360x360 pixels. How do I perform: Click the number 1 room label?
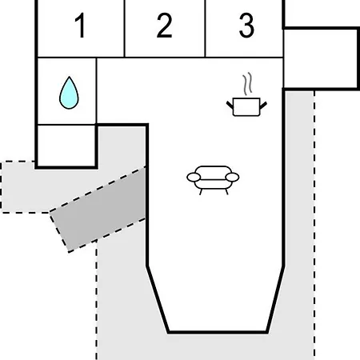pos(80,26)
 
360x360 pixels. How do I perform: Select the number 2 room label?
pos(164,26)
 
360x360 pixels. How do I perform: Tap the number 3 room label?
pos(246,26)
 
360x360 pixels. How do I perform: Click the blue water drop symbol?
pos(69,93)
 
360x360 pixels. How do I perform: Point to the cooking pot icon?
pos(246,106)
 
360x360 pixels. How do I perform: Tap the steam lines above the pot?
pos(247,84)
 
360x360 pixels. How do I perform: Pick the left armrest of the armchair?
pos(194,177)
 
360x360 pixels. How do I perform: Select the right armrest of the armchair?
pos(232,177)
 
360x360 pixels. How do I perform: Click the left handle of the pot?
pos(230,105)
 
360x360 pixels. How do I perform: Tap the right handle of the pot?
pos(263,105)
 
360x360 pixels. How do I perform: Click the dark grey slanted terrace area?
pos(98,210)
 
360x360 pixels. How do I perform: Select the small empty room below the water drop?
pos(66,146)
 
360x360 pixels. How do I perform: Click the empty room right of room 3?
pos(320,58)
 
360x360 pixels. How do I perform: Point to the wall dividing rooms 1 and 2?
pos(125,29)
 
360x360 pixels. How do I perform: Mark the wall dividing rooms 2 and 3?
pos(205,29)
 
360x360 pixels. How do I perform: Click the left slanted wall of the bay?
pos(158,299)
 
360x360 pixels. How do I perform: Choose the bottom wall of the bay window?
pos(218,332)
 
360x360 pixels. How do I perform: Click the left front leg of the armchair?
pos(201,192)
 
